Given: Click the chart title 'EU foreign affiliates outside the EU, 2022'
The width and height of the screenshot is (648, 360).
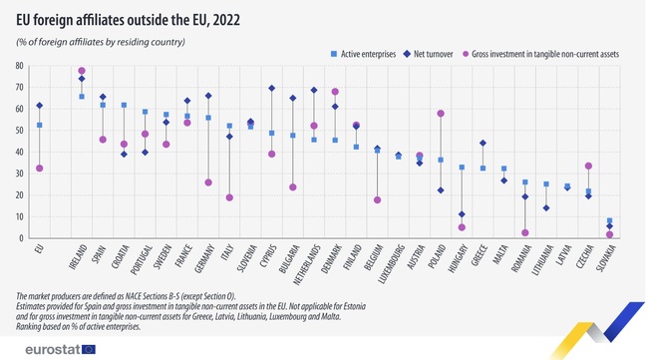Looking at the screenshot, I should pyautogui.click(x=129, y=19).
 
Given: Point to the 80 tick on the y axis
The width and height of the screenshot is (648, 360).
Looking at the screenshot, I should pyautogui.click(x=18, y=66).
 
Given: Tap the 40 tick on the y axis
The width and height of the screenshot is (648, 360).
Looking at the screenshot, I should pyautogui.click(x=18, y=152).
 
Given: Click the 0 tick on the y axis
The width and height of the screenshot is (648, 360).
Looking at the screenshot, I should pyautogui.click(x=21, y=238).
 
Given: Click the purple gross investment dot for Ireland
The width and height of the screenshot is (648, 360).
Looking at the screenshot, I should pyautogui.click(x=82, y=71).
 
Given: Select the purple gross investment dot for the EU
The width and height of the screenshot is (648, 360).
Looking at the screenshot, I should pyautogui.click(x=39, y=169).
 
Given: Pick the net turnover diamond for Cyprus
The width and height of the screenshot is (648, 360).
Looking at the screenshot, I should pyautogui.click(x=271, y=88).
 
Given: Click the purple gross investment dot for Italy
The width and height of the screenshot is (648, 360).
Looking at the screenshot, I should pyautogui.click(x=229, y=197).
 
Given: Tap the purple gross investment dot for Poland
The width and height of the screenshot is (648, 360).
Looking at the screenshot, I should pyautogui.click(x=441, y=114).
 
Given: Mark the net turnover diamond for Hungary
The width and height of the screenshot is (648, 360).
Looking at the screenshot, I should pyautogui.click(x=462, y=214).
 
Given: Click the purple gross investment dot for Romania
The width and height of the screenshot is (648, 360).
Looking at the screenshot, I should pyautogui.click(x=524, y=232).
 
